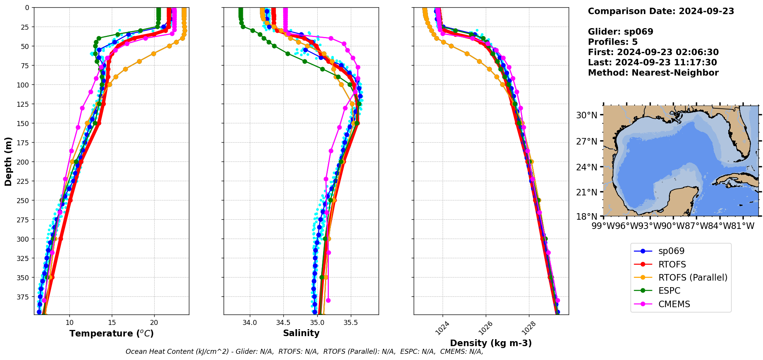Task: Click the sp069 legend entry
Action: pos(671,251)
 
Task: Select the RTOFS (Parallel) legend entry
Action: pos(692,278)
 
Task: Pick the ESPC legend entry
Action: pos(669,291)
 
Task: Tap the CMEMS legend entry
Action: pos(674,304)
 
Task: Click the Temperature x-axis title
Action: pos(111,333)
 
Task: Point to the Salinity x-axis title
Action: pos(301,333)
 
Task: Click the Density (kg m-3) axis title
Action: pos(491,343)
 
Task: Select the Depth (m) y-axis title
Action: pos(8,161)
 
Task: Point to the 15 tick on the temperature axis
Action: pos(112,323)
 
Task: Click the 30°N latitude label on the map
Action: pos(586,115)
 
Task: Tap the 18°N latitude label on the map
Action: pos(586,217)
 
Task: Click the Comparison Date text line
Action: pos(661,11)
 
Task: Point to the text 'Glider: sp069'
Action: pos(620,32)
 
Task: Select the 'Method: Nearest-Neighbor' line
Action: pos(653,73)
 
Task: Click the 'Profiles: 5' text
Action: pos(613,42)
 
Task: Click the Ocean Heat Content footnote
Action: pos(304,352)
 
